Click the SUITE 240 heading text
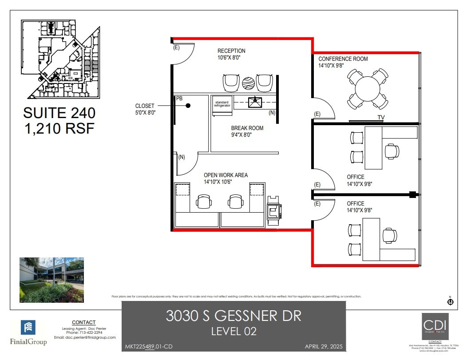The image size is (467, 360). pos(59,113)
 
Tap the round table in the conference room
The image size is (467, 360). pos(368,89)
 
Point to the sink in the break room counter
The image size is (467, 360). pos(256,102)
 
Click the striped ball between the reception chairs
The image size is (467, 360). pos(248,83)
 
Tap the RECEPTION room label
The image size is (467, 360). pos(231,51)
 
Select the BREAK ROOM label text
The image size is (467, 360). pos(247,128)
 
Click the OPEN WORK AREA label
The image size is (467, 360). pos(226,175)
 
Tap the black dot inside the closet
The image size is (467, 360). pos(188,106)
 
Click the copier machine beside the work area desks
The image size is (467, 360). pos(273,209)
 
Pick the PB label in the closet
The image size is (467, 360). pos(179,98)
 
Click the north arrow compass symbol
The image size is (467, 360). pos(450,302)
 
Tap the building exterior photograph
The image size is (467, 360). pos(51,280)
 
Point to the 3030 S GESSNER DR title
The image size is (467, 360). pos(233,316)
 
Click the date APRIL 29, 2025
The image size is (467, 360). pos(324,346)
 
